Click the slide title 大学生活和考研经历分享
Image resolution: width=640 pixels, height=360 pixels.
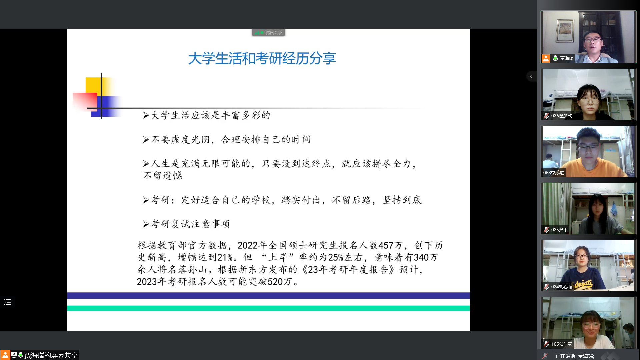(x=262, y=58)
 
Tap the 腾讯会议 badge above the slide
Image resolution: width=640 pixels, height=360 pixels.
(x=268, y=33)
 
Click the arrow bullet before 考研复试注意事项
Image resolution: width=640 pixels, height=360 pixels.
(x=146, y=224)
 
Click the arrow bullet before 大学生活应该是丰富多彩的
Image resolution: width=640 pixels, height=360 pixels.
(x=146, y=115)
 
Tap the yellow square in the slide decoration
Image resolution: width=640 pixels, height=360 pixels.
(x=94, y=85)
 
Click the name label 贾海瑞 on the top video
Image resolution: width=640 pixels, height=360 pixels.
(x=567, y=58)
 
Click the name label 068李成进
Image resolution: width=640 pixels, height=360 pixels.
(x=554, y=173)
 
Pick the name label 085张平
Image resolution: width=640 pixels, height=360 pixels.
(x=559, y=230)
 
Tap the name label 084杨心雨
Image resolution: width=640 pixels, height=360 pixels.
(x=561, y=287)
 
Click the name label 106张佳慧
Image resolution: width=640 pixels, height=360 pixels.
(x=561, y=344)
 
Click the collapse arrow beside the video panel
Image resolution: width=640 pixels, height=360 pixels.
(x=531, y=76)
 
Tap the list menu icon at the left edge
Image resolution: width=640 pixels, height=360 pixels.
(x=8, y=302)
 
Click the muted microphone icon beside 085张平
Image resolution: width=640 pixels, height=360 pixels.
(x=546, y=230)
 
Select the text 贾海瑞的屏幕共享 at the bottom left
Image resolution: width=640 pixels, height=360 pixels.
(x=51, y=355)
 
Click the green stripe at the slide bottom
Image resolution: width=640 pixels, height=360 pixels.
(x=268, y=308)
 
